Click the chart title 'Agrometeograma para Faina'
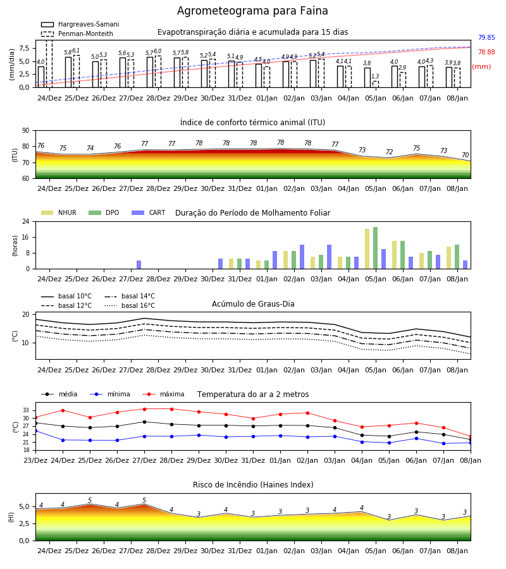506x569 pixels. pos(252,11)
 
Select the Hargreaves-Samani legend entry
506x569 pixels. pos(80,24)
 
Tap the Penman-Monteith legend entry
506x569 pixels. pos(77,34)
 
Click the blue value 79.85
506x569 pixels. pos(486,37)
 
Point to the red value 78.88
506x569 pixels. pos(486,52)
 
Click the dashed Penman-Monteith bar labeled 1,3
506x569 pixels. pos(375,84)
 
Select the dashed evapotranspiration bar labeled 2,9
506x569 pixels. pos(402,80)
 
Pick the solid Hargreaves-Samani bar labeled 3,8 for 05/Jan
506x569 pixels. pos(367,78)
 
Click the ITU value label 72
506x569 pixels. pos(389,152)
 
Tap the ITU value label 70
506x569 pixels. pos(465,155)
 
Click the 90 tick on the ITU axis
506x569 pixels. pos(26,131)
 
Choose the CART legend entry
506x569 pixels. pos(149,212)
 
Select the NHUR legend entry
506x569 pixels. pos(59,212)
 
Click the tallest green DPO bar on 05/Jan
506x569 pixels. pos(375,248)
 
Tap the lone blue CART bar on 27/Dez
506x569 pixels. pos(139,264)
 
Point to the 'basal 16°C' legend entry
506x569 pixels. pos(130,305)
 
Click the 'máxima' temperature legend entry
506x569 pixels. pos(163,394)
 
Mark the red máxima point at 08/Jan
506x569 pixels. pos(471,437)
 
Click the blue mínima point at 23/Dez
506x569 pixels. pos(35,431)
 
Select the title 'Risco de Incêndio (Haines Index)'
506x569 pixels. pos(253,484)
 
